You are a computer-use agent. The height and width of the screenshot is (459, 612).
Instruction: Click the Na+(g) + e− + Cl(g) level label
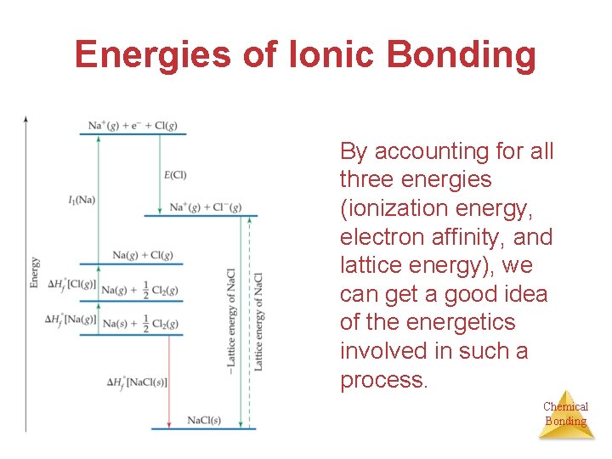[133, 126]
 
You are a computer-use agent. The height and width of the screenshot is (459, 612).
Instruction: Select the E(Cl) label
[175, 175]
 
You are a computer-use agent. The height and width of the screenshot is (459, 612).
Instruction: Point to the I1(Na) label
[82, 200]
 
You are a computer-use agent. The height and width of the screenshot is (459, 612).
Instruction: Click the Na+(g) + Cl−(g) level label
[206, 207]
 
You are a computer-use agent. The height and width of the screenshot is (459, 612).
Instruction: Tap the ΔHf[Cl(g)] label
[72, 284]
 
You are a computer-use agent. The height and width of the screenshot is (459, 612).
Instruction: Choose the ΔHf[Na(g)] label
[71, 320]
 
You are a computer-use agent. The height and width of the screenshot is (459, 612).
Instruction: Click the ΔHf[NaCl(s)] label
[137, 382]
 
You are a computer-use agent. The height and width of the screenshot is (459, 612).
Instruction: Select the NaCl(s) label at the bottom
[204, 420]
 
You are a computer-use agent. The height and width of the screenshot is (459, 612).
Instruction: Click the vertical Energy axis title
[35, 272]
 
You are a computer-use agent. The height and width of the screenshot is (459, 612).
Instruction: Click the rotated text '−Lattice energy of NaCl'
[231, 319]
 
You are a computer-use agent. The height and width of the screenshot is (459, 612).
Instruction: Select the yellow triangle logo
[566, 414]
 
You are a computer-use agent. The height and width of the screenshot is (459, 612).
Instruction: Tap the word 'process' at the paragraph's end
[382, 380]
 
